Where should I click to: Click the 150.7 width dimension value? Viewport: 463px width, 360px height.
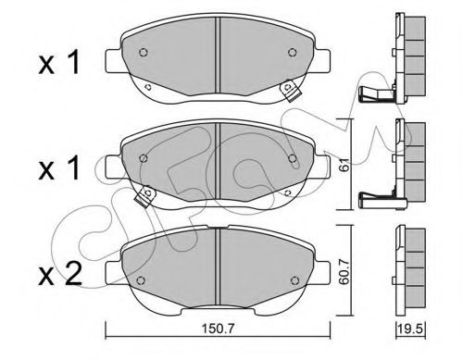tap(219, 329)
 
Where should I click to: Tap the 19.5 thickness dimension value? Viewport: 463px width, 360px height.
tap(411, 329)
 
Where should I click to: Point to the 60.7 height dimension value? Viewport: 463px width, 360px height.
tap(344, 271)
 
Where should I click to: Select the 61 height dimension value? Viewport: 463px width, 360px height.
tap(345, 164)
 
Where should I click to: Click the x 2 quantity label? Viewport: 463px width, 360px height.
tap(60, 273)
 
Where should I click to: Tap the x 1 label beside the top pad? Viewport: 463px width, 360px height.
tap(59, 63)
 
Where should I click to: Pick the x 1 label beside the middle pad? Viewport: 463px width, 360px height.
tap(59, 168)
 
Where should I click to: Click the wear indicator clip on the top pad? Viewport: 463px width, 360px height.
tap(289, 91)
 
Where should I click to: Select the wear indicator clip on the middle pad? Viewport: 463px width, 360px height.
tap(145, 196)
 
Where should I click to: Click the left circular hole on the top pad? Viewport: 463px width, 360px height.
tap(143, 53)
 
